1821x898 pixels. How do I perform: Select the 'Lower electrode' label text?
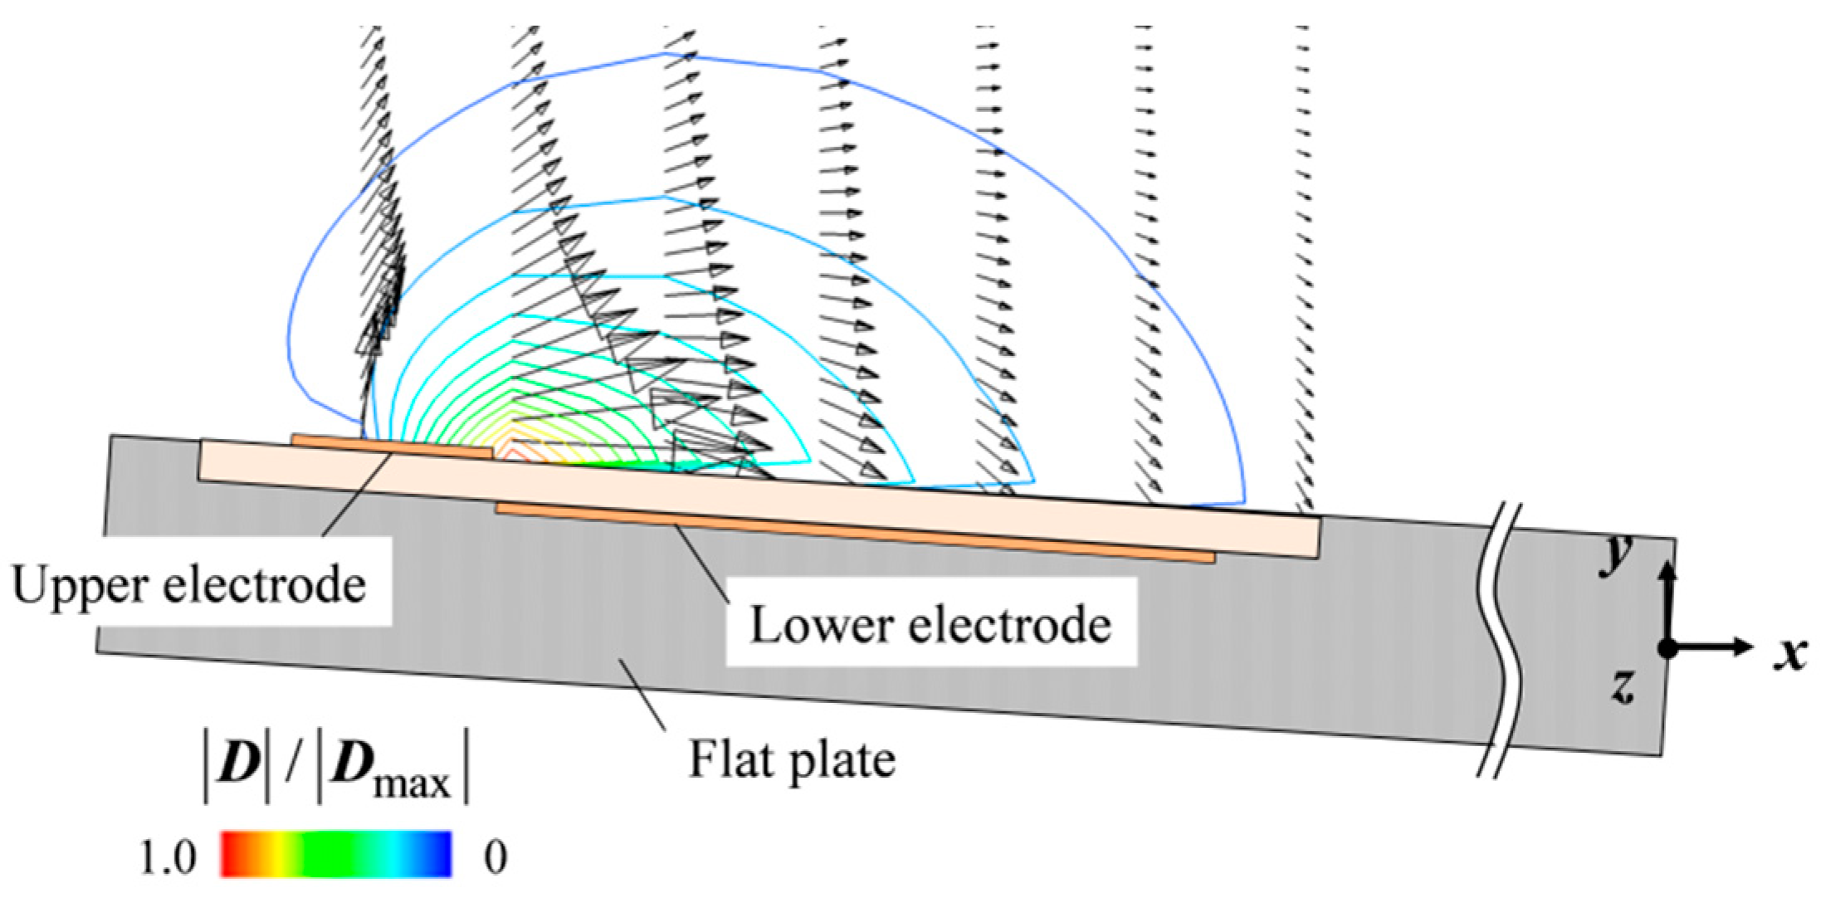pyautogui.click(x=930, y=624)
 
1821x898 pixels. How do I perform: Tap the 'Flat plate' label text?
pyautogui.click(x=792, y=759)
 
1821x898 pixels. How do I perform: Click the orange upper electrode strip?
pyautogui.click(x=390, y=445)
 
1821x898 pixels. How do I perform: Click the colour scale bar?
pyautogui.click(x=336, y=854)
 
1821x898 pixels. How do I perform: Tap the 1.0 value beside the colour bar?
pyautogui.click(x=168, y=857)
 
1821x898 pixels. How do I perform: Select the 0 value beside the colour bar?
pyautogui.click(x=496, y=857)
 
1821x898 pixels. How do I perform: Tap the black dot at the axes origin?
pyautogui.click(x=1667, y=648)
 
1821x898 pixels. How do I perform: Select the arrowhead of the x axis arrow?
pyautogui.click(x=1743, y=647)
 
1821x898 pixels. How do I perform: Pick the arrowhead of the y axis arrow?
pyautogui.click(x=1668, y=569)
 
